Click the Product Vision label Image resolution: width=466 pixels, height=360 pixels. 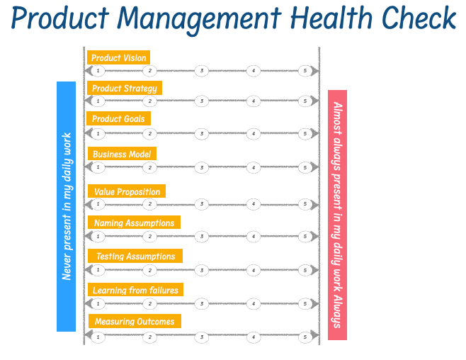(x=118, y=57)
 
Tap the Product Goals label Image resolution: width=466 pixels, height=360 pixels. (x=118, y=118)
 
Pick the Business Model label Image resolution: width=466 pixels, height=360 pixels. (x=121, y=154)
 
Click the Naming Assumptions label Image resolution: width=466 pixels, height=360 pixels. (x=134, y=223)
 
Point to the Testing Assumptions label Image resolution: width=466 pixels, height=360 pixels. (x=135, y=256)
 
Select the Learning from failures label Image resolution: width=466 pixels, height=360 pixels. (x=135, y=290)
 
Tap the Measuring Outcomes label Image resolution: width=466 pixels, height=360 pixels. (x=134, y=321)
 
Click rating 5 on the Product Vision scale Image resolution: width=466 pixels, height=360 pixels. (x=305, y=71)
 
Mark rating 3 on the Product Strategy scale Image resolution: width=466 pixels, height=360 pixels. (x=202, y=101)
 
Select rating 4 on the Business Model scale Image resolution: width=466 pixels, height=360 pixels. (x=254, y=168)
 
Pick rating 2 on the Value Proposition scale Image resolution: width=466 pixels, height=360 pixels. (x=149, y=204)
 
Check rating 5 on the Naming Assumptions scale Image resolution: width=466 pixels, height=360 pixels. (x=305, y=236)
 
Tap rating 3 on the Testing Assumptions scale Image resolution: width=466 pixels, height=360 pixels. (x=202, y=270)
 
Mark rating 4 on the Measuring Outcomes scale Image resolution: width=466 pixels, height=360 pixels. (x=254, y=337)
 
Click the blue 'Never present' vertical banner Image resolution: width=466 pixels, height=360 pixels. (x=66, y=206)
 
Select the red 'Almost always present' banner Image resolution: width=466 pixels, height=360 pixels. (x=338, y=215)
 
